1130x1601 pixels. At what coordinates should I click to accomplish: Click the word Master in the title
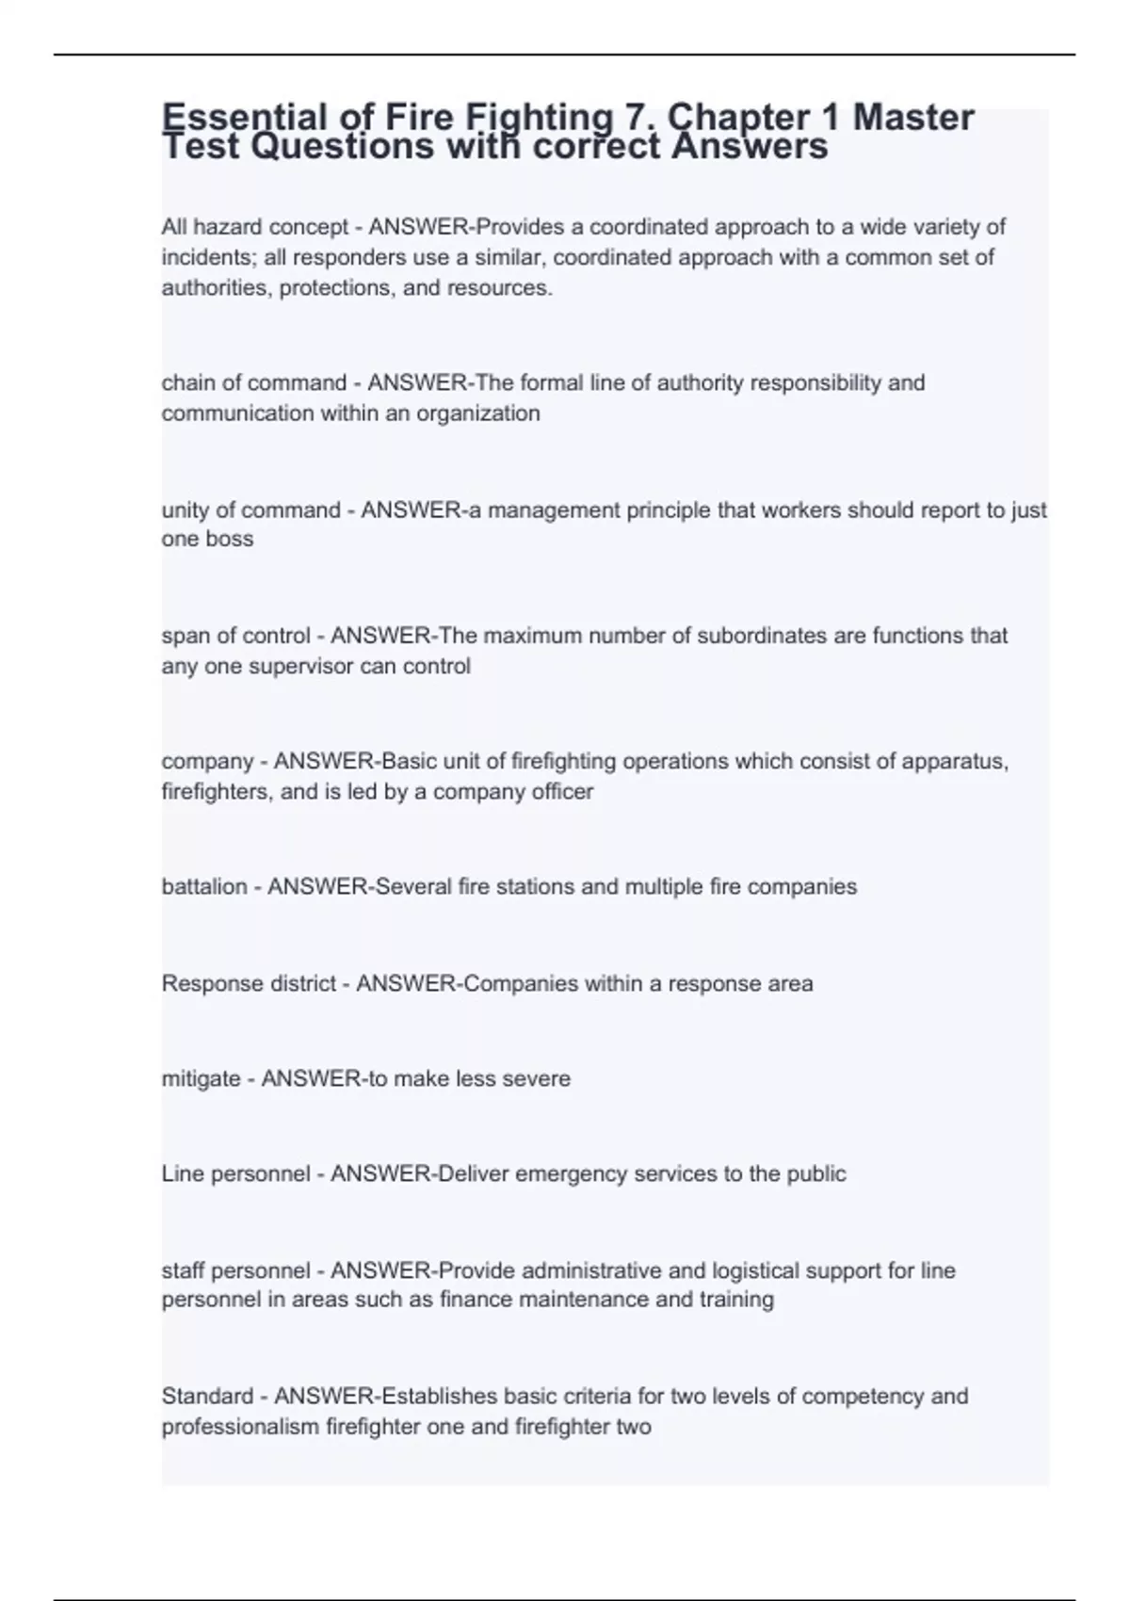click(x=912, y=119)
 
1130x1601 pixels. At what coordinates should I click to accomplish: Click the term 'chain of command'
click(x=254, y=383)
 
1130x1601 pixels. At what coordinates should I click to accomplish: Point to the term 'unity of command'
click(x=251, y=510)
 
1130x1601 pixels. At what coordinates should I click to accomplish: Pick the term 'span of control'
click(x=235, y=636)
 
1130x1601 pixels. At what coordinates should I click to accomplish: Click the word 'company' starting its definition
click(x=207, y=761)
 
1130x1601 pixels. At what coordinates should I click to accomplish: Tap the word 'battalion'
click(x=203, y=887)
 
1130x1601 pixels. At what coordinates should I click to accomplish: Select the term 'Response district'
click(x=249, y=984)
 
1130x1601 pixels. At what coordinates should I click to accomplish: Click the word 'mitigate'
click(x=201, y=1079)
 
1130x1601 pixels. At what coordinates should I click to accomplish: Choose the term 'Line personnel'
click(x=235, y=1174)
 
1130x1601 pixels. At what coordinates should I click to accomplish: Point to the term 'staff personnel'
click(x=235, y=1271)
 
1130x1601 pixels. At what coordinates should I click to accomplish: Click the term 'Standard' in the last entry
click(x=207, y=1397)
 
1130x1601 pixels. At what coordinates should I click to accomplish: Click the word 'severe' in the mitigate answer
click(x=540, y=1079)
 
